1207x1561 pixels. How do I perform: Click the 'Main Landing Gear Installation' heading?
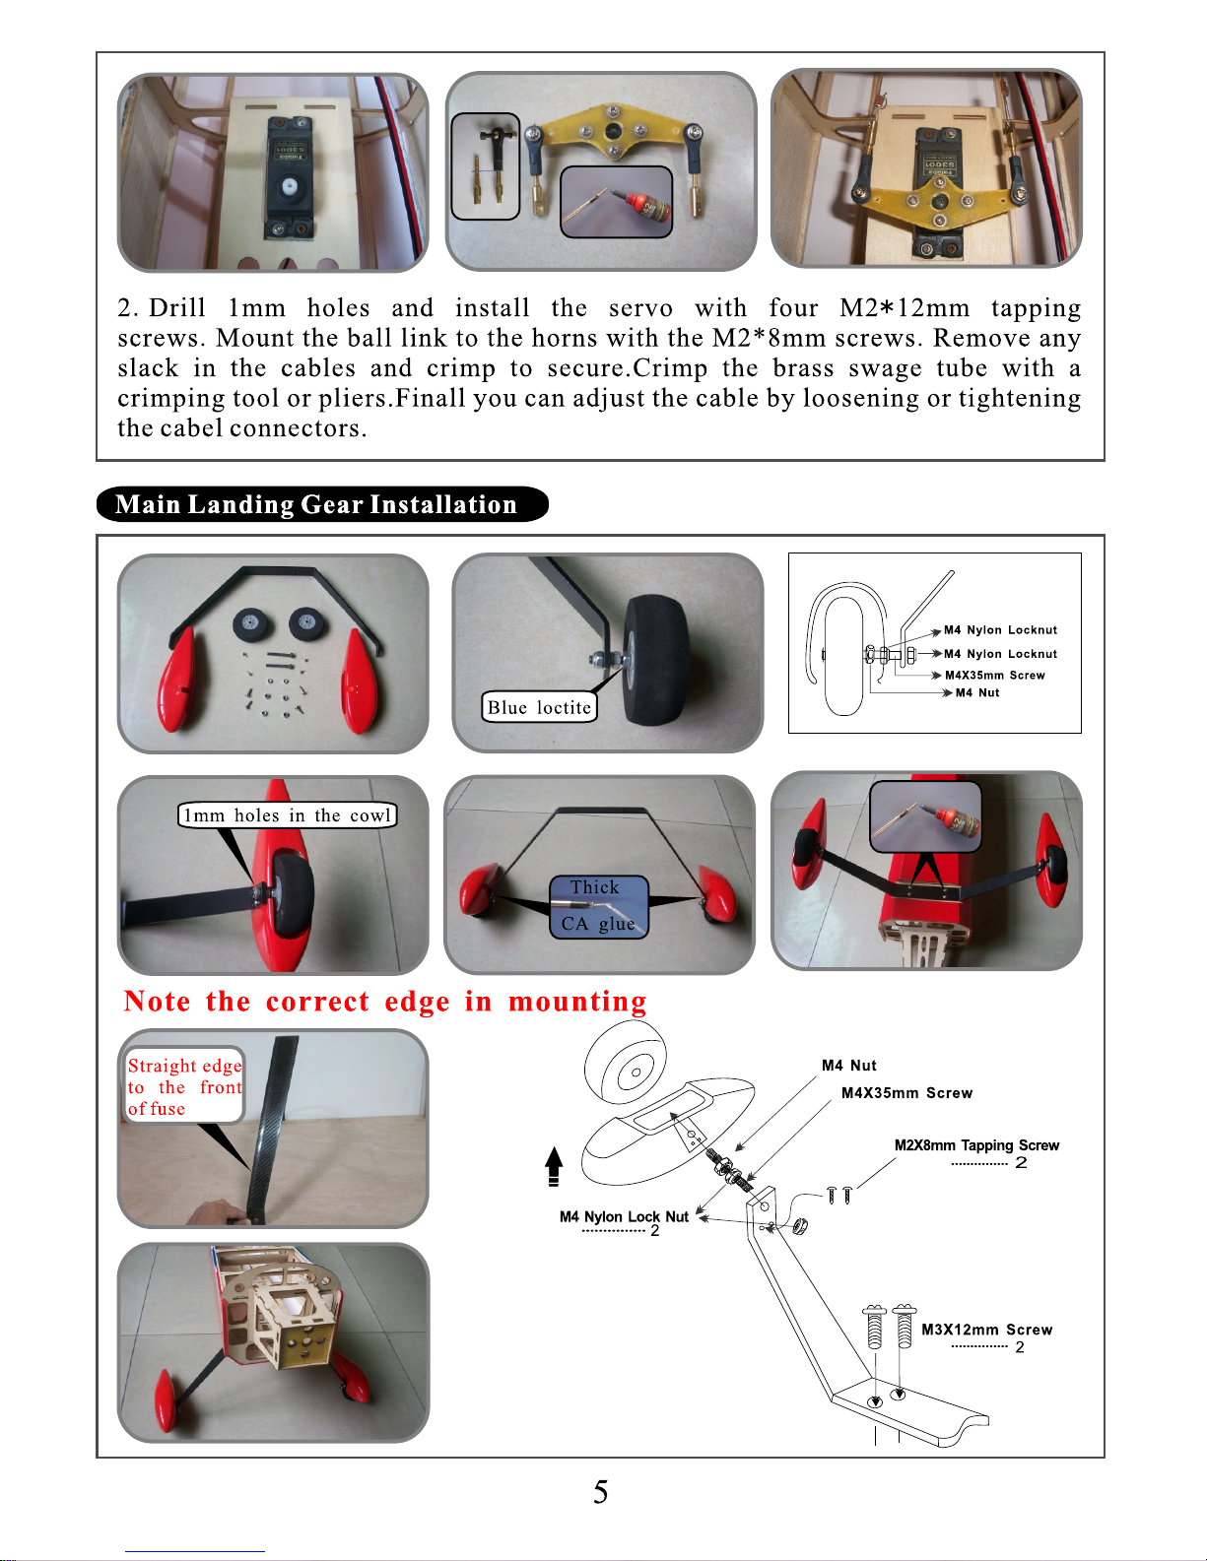(316, 504)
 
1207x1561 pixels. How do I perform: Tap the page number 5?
(601, 1492)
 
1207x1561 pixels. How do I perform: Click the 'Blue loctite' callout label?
(539, 707)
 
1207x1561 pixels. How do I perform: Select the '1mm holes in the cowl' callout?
(288, 815)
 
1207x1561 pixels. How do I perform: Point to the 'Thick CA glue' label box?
(598, 907)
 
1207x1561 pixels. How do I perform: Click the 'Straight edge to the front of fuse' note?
(184, 1086)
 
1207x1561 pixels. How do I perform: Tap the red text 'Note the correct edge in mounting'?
(385, 1002)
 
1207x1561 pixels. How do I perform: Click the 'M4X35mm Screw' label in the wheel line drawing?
(995, 676)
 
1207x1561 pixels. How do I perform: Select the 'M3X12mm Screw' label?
(986, 1330)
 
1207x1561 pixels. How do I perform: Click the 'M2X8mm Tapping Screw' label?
(976, 1145)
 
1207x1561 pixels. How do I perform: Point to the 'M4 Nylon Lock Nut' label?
(624, 1216)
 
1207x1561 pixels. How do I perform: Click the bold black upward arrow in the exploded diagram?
(553, 1166)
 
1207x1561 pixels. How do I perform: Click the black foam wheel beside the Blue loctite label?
(656, 661)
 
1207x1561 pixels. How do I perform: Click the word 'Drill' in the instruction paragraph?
(176, 307)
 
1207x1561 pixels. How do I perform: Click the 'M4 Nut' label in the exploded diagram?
(848, 1066)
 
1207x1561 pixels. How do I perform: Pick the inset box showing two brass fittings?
(486, 165)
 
